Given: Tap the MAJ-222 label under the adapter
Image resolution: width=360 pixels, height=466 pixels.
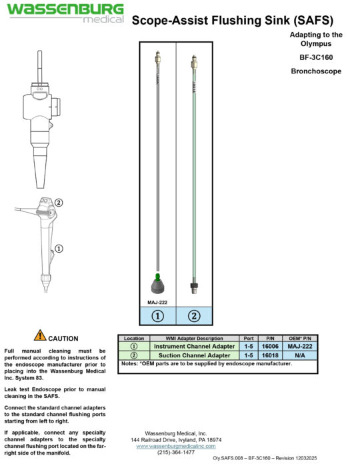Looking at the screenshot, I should [157, 302].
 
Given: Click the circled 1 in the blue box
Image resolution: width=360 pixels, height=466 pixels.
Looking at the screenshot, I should [158, 316].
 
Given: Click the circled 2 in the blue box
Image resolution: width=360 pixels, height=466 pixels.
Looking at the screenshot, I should [194, 316].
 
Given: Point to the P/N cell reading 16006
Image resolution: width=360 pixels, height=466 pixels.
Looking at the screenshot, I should [270, 347].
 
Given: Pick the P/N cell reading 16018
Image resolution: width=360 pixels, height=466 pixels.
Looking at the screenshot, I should [270, 355].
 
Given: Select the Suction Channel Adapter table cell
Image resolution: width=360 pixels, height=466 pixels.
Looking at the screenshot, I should [194, 355].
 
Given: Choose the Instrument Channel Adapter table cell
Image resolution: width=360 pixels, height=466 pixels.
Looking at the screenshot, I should [194, 347].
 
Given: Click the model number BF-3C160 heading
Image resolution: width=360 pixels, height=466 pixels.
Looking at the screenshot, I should [316, 57].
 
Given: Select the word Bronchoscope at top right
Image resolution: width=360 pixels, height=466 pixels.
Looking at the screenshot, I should [316, 71].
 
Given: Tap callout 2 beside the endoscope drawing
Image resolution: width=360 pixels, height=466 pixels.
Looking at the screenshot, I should [59, 203].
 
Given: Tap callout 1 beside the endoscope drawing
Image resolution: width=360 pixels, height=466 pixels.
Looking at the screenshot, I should [59, 249].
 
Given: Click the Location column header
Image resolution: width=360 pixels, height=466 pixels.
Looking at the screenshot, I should [134, 339].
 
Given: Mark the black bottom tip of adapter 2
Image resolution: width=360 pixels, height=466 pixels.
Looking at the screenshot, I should [193, 288].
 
